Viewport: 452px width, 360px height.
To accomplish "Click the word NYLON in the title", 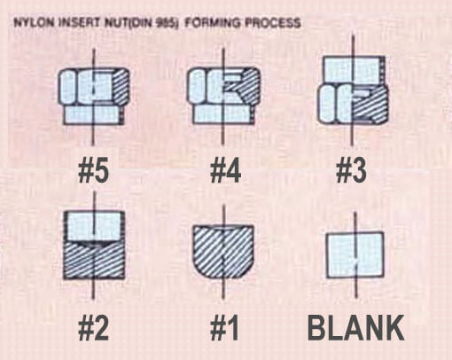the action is point(35,23).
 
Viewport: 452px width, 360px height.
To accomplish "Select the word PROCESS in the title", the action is point(273,23).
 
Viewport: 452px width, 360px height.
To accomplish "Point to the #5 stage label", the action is point(94,171).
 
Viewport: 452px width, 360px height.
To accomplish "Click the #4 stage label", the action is point(225,171).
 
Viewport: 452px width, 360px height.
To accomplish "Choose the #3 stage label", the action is point(351,171).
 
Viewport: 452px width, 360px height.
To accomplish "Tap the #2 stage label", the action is point(94,328).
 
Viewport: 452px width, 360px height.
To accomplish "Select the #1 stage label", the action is point(224,328).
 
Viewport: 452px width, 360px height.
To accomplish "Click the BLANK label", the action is point(356,328).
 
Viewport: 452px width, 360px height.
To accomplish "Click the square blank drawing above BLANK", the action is point(355,255).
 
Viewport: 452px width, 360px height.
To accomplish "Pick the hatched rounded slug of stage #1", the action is point(223,251).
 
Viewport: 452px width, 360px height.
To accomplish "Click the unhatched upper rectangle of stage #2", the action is point(94,225).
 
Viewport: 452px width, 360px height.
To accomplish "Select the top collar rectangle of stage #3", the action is point(354,70).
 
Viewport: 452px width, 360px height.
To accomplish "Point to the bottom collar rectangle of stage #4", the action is point(223,114).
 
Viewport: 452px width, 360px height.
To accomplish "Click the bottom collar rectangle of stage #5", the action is point(93,115).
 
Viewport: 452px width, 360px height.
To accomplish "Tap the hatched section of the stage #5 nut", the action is point(120,86).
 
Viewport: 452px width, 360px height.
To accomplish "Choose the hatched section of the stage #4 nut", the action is point(245,86).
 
